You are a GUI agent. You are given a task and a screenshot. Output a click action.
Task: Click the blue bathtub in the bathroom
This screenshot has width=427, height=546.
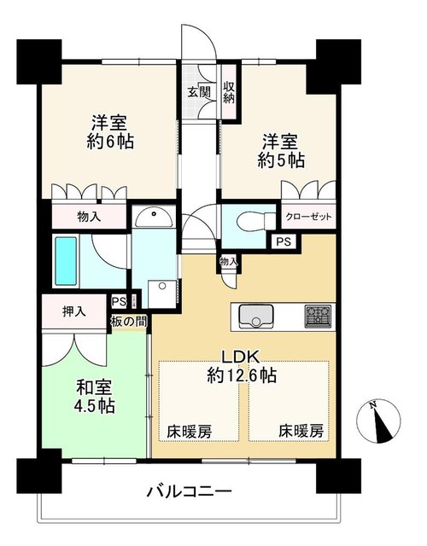[x=66, y=261]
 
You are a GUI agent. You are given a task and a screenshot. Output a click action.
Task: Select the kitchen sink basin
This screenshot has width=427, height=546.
[x=255, y=317]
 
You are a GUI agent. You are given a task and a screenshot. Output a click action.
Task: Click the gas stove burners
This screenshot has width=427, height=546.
[x=318, y=317]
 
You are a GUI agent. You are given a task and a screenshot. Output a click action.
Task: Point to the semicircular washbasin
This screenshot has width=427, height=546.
[x=154, y=217]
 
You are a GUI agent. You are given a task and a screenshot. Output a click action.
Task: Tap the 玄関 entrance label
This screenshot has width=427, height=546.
[x=199, y=92]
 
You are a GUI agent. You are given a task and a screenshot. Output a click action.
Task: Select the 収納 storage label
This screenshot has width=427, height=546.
[x=229, y=93]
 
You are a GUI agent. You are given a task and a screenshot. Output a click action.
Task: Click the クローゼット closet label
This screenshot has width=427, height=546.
[x=308, y=217]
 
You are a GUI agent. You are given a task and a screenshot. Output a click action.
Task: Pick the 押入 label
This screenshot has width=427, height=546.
[x=74, y=311]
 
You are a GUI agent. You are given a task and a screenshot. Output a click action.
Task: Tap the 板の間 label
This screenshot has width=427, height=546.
[x=128, y=322]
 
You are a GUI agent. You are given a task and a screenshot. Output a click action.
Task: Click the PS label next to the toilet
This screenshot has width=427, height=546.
[x=284, y=241]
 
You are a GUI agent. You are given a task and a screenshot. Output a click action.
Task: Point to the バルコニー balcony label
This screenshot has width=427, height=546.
[x=189, y=491]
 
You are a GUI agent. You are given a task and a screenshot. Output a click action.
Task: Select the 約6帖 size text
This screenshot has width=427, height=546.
[x=110, y=142]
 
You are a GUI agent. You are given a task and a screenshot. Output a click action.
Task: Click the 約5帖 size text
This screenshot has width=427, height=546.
[x=281, y=160]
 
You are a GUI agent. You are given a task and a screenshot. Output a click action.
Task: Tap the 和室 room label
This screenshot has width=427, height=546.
[x=94, y=386]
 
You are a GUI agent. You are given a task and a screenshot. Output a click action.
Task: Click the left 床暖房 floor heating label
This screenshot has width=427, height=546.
[x=190, y=432]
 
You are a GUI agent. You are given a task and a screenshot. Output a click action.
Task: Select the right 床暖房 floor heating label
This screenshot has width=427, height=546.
[x=301, y=432]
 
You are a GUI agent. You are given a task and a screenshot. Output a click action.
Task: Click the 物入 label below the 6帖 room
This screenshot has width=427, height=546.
[x=89, y=217]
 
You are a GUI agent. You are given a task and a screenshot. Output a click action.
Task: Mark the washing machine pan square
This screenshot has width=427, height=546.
[x=161, y=294]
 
